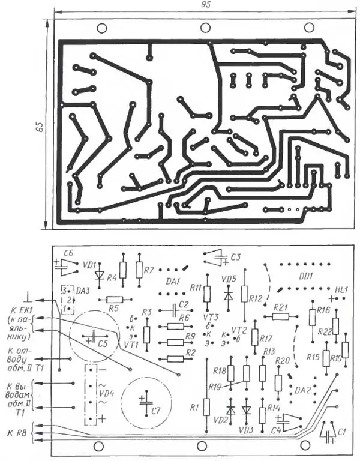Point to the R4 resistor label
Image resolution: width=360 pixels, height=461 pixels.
(x=111, y=278)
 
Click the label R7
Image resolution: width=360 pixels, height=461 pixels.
(x=149, y=270)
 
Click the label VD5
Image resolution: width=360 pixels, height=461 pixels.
(x=229, y=279)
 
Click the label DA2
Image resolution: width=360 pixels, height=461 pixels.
(x=302, y=390)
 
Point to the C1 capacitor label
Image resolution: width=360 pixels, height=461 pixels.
(x=342, y=432)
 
